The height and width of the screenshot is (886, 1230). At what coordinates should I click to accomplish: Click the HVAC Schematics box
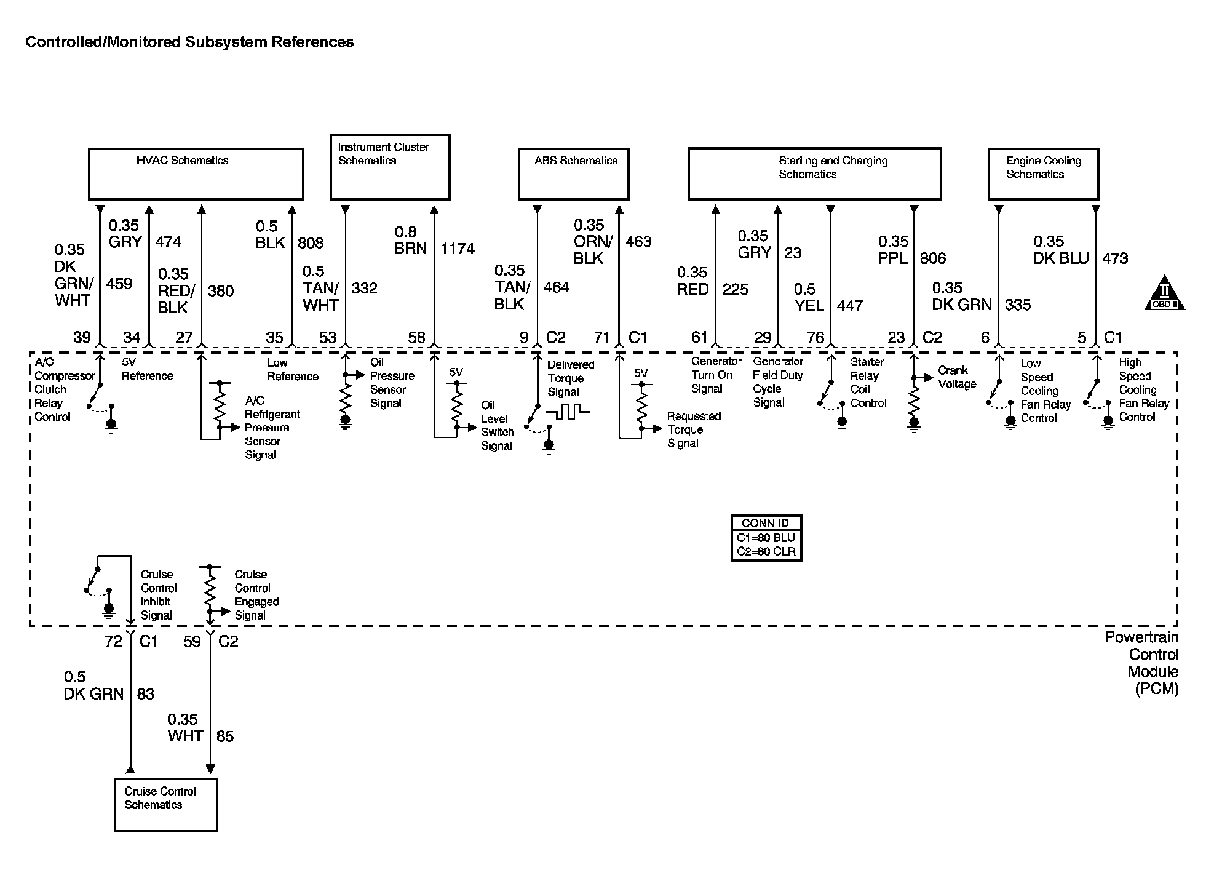pos(196,174)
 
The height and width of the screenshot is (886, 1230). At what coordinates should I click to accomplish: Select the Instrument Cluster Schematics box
pos(390,167)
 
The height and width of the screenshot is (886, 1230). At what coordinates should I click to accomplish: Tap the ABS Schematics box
pos(573,174)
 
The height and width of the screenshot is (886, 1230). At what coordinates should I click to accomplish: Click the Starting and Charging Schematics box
pos(814,174)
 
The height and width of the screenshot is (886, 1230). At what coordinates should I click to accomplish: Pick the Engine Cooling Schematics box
pos(1043,174)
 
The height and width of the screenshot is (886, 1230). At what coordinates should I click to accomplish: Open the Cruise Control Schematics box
pos(166,805)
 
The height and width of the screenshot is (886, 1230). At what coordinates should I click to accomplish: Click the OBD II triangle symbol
pos(1164,294)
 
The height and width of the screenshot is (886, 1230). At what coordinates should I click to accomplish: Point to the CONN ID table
pos(766,538)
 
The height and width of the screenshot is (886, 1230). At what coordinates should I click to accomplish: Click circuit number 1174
pos(458,249)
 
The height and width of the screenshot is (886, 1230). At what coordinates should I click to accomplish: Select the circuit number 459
pos(119,284)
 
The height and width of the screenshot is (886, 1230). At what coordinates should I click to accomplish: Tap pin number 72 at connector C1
pos(113,642)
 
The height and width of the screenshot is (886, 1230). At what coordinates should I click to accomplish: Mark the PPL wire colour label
pos(893,258)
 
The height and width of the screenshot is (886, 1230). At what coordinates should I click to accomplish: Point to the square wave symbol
pos(567,412)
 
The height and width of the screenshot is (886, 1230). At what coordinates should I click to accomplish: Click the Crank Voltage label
pos(957,377)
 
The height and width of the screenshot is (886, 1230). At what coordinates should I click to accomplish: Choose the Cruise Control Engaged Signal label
pos(256,594)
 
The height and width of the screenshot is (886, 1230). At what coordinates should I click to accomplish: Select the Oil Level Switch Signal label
pos(497,426)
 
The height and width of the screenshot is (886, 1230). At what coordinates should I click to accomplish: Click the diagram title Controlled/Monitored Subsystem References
pos(189,42)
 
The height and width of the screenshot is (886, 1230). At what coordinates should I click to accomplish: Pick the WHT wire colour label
pos(185,736)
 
